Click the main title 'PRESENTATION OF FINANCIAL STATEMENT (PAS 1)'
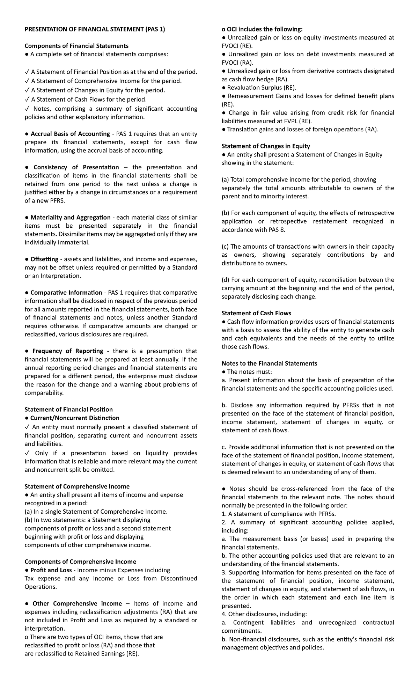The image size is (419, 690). tap(94, 29)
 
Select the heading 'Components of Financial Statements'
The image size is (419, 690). tap(76, 46)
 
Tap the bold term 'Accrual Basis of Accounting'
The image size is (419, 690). tap(70, 134)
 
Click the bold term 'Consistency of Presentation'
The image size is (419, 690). tap(76, 167)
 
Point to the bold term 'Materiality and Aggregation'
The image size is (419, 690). tap(71, 218)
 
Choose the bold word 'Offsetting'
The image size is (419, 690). tap(44, 259)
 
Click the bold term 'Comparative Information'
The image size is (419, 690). tap(66, 293)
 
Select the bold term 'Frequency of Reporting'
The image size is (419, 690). tap(68, 351)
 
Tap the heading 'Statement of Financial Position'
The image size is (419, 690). tap(68, 409)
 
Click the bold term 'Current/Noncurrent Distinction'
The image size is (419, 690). tap(75, 418)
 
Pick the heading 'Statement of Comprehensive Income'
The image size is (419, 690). tap(77, 486)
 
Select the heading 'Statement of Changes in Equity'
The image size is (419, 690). tap(266, 146)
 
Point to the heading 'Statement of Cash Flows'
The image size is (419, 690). tap(256, 313)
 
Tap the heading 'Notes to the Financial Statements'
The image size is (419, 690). tap(269, 363)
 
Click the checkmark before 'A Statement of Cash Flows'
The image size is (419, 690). tap(27, 100)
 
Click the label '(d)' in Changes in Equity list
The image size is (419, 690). tap(226, 280)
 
